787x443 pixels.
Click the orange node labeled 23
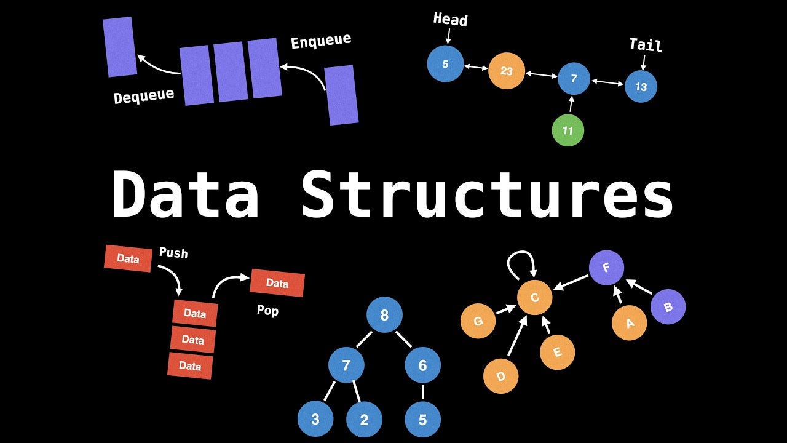pyautogui.click(x=506, y=71)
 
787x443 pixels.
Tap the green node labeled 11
pyautogui.click(x=568, y=130)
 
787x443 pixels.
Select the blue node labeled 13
pyautogui.click(x=641, y=87)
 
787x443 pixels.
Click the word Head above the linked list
pyautogui.click(x=450, y=19)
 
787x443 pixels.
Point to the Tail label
pyautogui.click(x=645, y=45)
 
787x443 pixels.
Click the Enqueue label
pyautogui.click(x=321, y=42)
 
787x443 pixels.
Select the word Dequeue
pyautogui.click(x=144, y=96)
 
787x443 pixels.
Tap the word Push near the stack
pyautogui.click(x=173, y=253)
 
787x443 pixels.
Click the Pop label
pyautogui.click(x=267, y=311)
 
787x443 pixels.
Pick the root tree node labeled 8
pyautogui.click(x=384, y=316)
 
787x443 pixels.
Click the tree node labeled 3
pyautogui.click(x=315, y=420)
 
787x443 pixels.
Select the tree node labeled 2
pyautogui.click(x=364, y=420)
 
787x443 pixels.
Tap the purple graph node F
pyautogui.click(x=606, y=268)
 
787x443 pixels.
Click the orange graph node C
pyautogui.click(x=534, y=298)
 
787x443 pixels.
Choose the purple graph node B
pyautogui.click(x=668, y=306)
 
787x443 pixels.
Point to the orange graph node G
pyautogui.click(x=478, y=321)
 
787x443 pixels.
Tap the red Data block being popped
pyautogui.click(x=277, y=283)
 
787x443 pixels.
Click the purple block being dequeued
pyautogui.click(x=119, y=47)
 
